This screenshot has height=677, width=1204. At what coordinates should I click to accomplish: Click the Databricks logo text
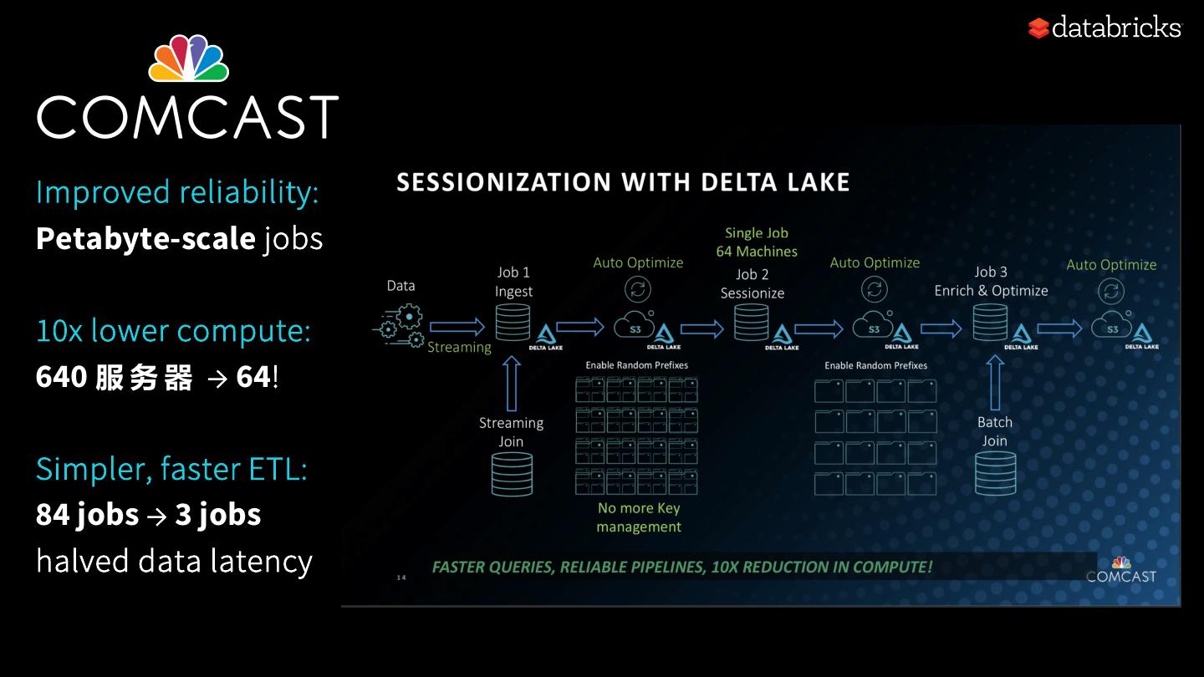[x=1115, y=28]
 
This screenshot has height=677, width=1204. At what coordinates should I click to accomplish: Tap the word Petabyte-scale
[x=145, y=239]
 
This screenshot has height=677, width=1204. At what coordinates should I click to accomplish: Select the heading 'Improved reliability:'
[x=177, y=192]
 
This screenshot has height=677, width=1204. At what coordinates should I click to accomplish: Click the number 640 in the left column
[x=62, y=377]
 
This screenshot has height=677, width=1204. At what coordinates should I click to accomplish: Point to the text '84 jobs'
[x=87, y=514]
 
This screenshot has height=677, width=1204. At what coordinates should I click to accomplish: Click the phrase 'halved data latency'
[x=174, y=561]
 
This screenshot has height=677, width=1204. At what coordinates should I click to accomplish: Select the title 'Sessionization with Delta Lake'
[x=623, y=182]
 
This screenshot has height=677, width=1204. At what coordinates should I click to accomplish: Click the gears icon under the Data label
[x=400, y=326]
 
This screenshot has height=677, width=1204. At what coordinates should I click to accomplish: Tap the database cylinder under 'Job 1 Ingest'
[x=513, y=323]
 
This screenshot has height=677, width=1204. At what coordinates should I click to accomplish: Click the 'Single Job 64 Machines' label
[x=757, y=242]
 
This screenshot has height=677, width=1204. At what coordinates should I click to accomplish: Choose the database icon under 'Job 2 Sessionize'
[x=751, y=323]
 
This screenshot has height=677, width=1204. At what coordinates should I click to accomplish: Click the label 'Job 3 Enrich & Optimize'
[x=991, y=282]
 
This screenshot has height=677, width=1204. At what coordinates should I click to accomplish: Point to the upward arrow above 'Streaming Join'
[x=512, y=384]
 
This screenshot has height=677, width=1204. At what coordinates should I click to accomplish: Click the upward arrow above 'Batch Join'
[x=994, y=384]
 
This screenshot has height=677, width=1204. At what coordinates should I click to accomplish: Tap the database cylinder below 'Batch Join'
[x=995, y=474]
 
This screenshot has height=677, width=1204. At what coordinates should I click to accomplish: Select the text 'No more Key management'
[x=639, y=517]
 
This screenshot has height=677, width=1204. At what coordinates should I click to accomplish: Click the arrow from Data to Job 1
[x=457, y=327]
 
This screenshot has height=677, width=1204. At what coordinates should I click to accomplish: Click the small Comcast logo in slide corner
[x=1120, y=569]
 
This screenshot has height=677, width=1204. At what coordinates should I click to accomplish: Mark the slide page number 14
[x=400, y=577]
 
